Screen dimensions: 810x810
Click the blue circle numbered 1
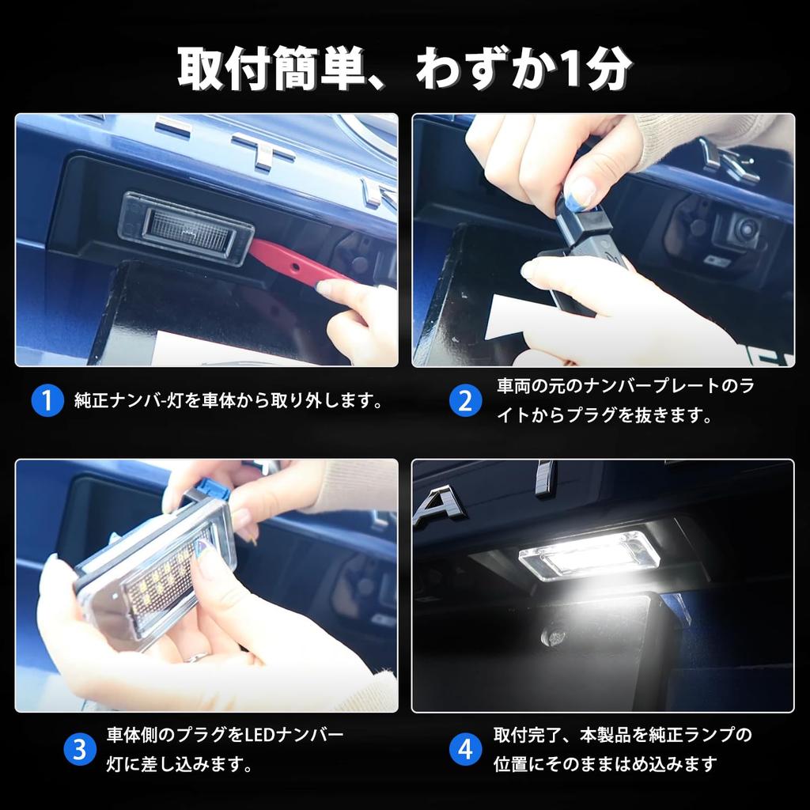coord(47,400)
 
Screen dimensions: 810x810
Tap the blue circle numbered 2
coord(465,401)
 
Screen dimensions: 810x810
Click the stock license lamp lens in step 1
coord(186,228)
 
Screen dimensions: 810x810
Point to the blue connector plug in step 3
coord(213,489)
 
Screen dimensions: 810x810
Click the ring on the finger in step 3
coord(196,657)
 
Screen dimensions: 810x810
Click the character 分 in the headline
coord(610,68)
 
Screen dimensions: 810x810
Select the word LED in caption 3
coord(260,735)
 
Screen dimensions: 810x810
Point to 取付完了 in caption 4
coord(527,735)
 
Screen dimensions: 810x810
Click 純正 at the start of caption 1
coord(92,401)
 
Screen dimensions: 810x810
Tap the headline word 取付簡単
coord(271,68)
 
